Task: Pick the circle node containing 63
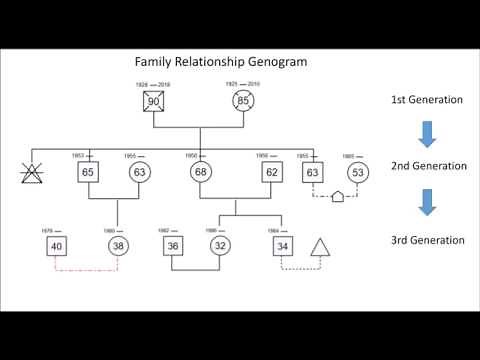coord(140,172)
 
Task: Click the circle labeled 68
coord(200,172)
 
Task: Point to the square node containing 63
coord(314,172)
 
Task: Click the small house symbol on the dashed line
coord(337,197)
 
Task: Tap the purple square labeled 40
coord(56,246)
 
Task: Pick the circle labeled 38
coord(120,246)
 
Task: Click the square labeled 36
coord(173,246)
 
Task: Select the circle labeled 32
coord(220,246)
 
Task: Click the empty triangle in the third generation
coord(321,246)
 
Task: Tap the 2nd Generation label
coord(428,166)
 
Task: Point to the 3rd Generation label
coord(428,240)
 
